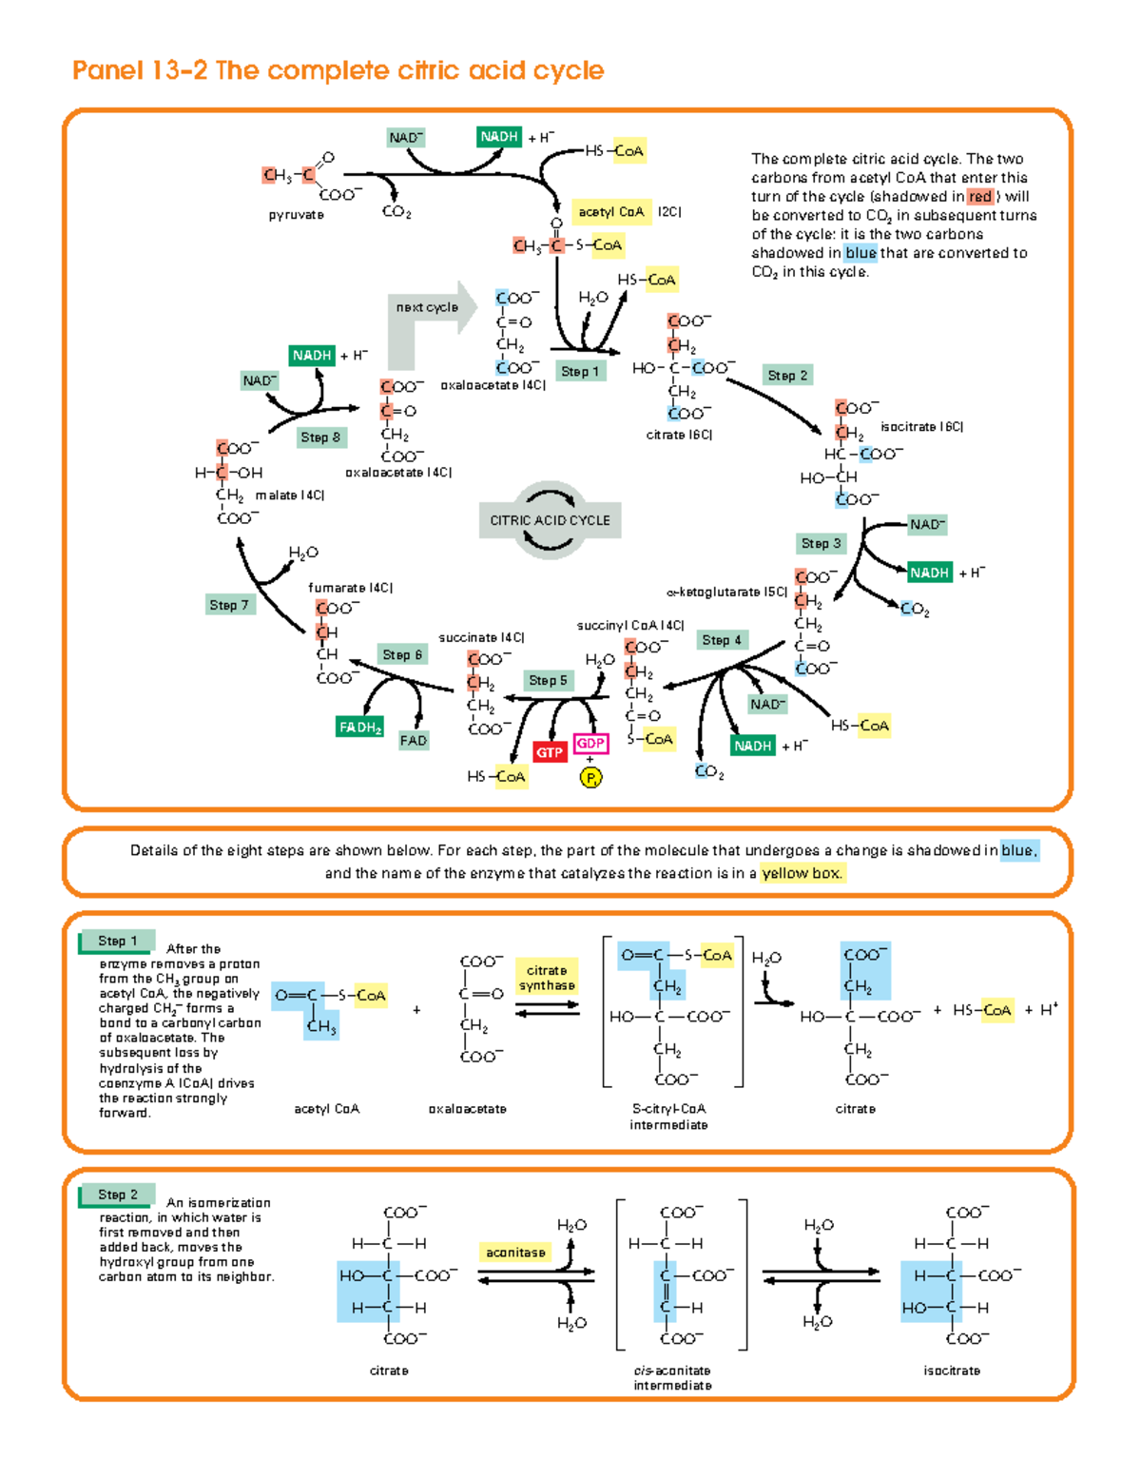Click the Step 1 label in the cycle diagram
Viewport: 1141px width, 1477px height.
[x=579, y=372]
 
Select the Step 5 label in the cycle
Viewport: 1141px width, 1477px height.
[x=548, y=680]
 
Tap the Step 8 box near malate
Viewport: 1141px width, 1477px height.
[x=320, y=437]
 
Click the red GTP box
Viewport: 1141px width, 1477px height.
[x=550, y=752]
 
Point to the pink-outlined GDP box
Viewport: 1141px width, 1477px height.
[x=590, y=744]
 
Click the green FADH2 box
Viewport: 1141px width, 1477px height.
[x=359, y=728]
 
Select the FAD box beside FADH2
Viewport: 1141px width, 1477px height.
[x=414, y=741]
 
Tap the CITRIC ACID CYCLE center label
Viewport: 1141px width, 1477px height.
[x=550, y=520]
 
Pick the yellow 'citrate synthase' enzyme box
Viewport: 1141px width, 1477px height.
[x=547, y=978]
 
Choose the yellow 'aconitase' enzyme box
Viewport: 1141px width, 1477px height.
[x=515, y=1253]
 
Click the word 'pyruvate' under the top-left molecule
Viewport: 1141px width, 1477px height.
[x=296, y=215]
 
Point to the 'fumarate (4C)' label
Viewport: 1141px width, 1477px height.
[x=350, y=588]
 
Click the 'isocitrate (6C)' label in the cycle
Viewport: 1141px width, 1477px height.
[x=921, y=427]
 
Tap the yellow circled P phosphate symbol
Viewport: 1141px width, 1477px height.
[x=590, y=778]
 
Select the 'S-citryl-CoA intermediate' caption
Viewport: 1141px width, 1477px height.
[x=668, y=1117]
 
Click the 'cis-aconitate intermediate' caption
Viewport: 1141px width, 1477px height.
[x=672, y=1378]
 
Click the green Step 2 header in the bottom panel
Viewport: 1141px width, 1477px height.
[x=117, y=1195]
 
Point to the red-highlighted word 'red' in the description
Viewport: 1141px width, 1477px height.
[x=979, y=197]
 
